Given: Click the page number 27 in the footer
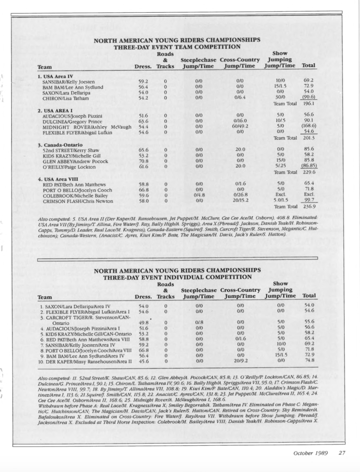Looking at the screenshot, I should tap(342, 453).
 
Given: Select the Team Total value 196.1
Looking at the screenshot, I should tap(308, 104).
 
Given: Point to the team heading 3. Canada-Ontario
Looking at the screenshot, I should tap(60, 144).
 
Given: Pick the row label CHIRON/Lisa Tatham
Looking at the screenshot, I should tap(65, 98).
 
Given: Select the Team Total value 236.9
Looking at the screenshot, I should tap(309, 206).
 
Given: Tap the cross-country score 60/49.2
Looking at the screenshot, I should tap(240, 126).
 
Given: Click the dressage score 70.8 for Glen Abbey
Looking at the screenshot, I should tap(143, 161).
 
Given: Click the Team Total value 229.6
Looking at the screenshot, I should tap(308, 172).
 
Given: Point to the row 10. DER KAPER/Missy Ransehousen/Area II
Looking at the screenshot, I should tap(86, 361).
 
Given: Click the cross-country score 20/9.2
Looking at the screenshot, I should tap(240, 361).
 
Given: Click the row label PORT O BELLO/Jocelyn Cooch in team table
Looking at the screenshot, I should tap(77, 190).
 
